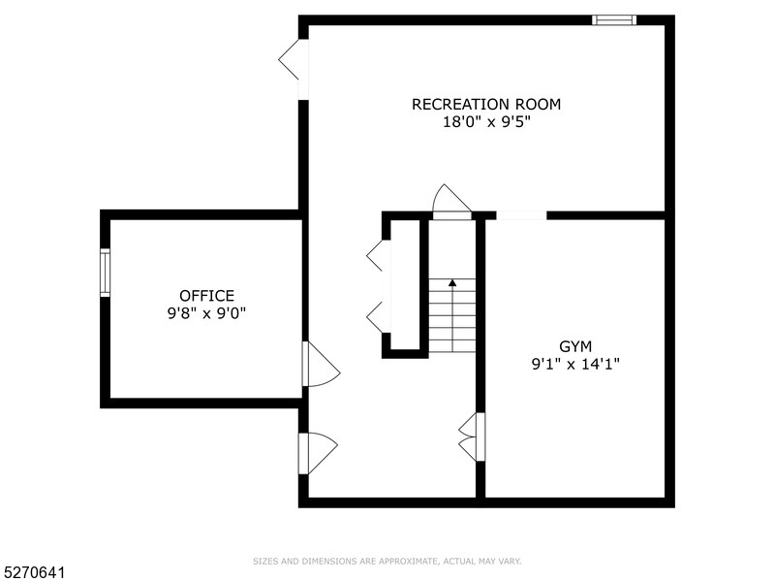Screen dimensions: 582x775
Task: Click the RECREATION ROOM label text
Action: pyautogui.click(x=485, y=104)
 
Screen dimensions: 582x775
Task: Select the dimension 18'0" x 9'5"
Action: pyautogui.click(x=485, y=122)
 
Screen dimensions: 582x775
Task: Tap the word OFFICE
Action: pyautogui.click(x=206, y=296)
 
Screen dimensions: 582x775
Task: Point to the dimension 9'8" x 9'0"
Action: pyautogui.click(x=206, y=313)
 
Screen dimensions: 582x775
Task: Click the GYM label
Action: pyautogui.click(x=575, y=346)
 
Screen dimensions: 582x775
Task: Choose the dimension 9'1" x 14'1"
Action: pyautogui.click(x=575, y=365)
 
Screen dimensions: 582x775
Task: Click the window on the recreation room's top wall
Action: pyautogui.click(x=614, y=19)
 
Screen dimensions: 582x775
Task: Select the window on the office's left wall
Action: pyautogui.click(x=105, y=271)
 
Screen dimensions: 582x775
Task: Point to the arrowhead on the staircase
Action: pyautogui.click(x=452, y=283)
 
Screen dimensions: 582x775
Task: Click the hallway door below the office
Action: pyautogui.click(x=316, y=453)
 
